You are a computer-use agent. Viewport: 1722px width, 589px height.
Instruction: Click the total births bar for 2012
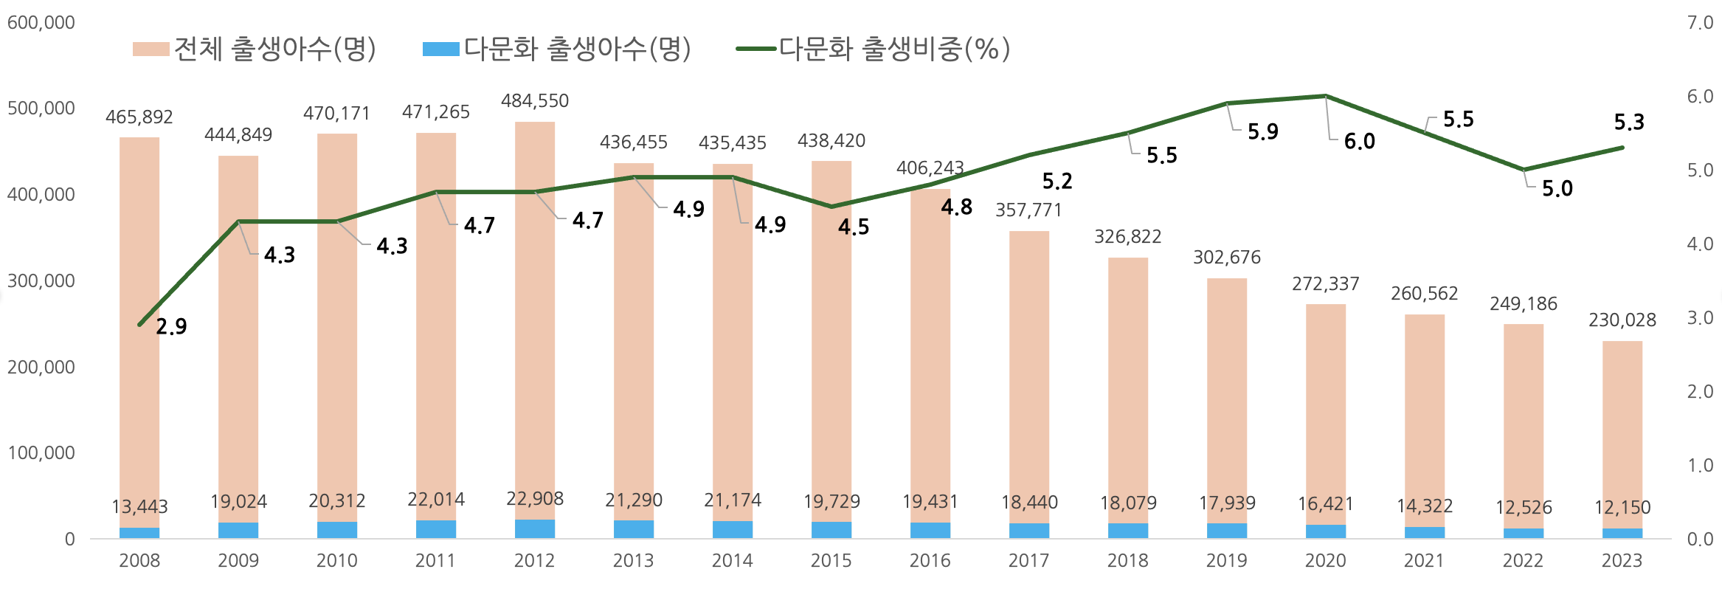[x=535, y=317]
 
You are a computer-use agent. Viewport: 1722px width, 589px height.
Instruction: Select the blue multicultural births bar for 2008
[x=139, y=533]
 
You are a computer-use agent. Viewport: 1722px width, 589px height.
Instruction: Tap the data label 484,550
[x=535, y=101]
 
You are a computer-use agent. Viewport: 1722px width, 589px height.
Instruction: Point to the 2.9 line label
[x=171, y=326]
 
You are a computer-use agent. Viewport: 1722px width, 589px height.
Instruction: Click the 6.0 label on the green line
[x=1359, y=142]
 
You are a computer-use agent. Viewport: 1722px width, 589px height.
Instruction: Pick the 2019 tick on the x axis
[x=1226, y=561]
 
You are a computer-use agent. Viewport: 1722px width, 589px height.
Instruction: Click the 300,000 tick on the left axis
[x=41, y=281]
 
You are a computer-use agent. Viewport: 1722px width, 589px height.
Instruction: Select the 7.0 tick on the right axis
[x=1700, y=23]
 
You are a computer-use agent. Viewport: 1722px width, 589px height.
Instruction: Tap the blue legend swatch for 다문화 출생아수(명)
[x=440, y=49]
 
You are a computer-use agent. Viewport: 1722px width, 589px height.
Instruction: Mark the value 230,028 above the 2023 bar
[x=1622, y=320]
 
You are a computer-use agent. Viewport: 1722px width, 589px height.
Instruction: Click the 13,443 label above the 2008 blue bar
[x=139, y=507]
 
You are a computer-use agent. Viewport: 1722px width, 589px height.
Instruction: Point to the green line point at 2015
[x=831, y=207]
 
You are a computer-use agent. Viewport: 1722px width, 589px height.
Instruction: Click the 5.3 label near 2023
[x=1629, y=123]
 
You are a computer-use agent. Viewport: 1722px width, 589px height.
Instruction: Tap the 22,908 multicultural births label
[x=535, y=499]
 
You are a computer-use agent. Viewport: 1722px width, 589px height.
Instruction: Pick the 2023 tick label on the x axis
[x=1622, y=561]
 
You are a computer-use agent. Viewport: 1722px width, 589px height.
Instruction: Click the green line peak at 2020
[x=1326, y=96]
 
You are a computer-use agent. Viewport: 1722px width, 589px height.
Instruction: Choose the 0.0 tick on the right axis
[x=1700, y=540]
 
